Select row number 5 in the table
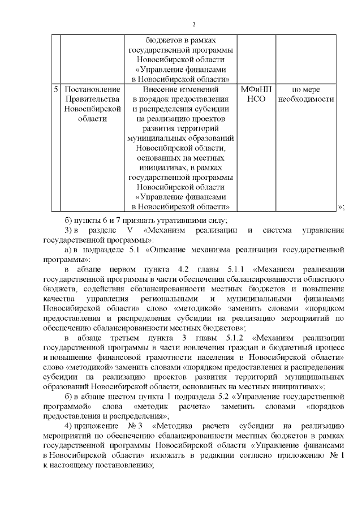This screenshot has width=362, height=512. point(55,89)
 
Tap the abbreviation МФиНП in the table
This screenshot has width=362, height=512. point(256,89)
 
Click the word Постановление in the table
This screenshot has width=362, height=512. point(92,89)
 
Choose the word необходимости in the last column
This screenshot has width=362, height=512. point(305,99)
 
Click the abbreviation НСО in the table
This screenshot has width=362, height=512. point(256,99)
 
